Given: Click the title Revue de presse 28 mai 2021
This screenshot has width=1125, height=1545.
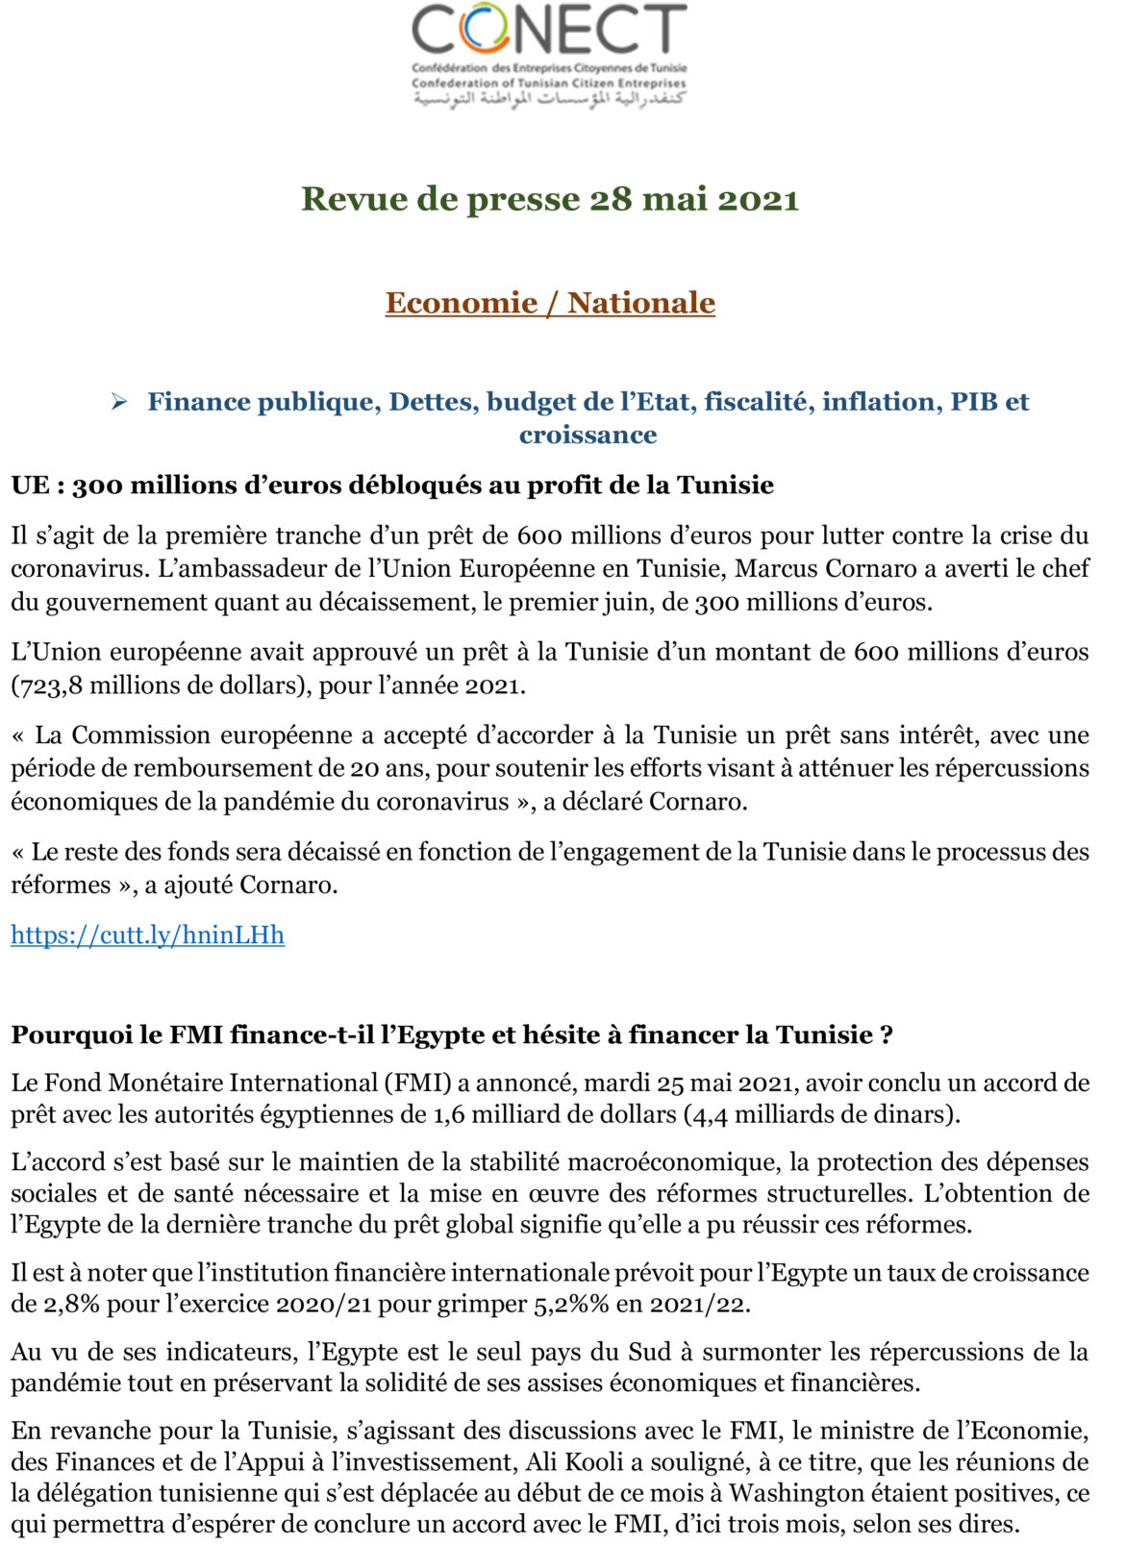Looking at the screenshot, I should pyautogui.click(x=550, y=199).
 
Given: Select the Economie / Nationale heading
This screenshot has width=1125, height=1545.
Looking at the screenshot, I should pyautogui.click(x=550, y=303).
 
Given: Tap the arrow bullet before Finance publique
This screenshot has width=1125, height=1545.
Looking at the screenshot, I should pyautogui.click(x=119, y=402).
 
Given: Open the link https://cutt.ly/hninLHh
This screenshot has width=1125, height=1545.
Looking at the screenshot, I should pyautogui.click(x=147, y=934).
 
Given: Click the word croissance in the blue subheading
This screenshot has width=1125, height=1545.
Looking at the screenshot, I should pyautogui.click(x=587, y=435).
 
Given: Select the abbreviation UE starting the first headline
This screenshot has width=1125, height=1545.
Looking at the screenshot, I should pyautogui.click(x=30, y=485).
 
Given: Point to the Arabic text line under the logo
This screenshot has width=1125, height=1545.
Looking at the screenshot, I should pyautogui.click(x=549, y=100).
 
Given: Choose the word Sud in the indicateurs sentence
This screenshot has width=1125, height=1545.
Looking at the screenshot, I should pyautogui.click(x=649, y=1352).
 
